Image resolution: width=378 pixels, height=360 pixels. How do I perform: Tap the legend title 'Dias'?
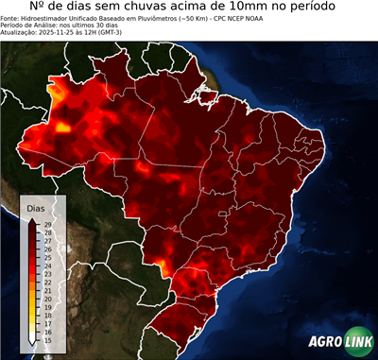(x=36, y=207)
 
